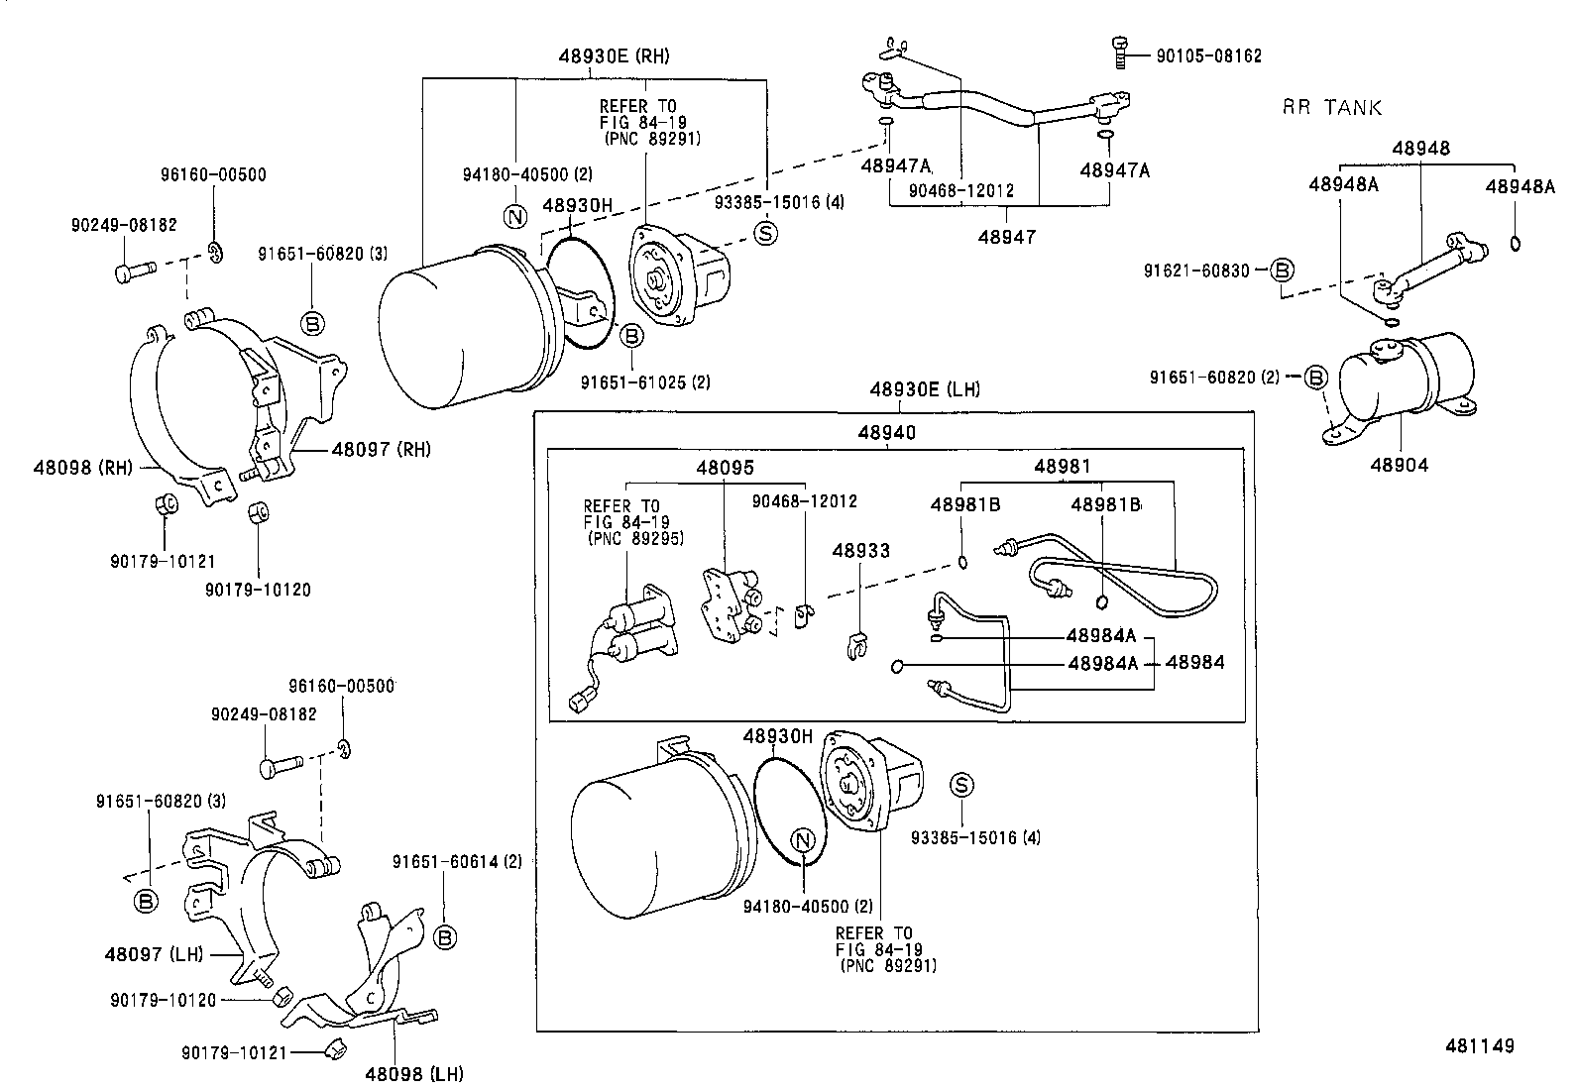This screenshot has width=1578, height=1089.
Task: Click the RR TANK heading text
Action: pyautogui.click(x=1331, y=108)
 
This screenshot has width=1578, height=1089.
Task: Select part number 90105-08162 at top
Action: pyautogui.click(x=1208, y=56)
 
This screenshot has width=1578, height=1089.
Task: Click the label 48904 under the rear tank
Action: pyautogui.click(x=1400, y=464)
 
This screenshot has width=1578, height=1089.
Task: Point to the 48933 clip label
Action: pyautogui.click(x=860, y=551)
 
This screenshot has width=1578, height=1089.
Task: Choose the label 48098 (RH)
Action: pyautogui.click(x=82, y=467)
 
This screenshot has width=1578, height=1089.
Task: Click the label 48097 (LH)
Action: pyautogui.click(x=154, y=954)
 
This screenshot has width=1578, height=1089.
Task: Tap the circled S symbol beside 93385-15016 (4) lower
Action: pyautogui.click(x=961, y=786)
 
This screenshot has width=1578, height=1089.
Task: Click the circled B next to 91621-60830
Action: pyautogui.click(x=1283, y=270)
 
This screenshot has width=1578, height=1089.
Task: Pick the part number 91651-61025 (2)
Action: pyautogui.click(x=645, y=381)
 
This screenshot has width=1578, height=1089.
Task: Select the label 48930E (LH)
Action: pyautogui.click(x=924, y=389)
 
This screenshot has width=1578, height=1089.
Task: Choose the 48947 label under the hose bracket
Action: pyautogui.click(x=1007, y=237)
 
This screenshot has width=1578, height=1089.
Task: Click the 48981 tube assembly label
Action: pyautogui.click(x=1063, y=466)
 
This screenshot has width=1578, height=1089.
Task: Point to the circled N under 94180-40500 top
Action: pyautogui.click(x=514, y=216)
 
